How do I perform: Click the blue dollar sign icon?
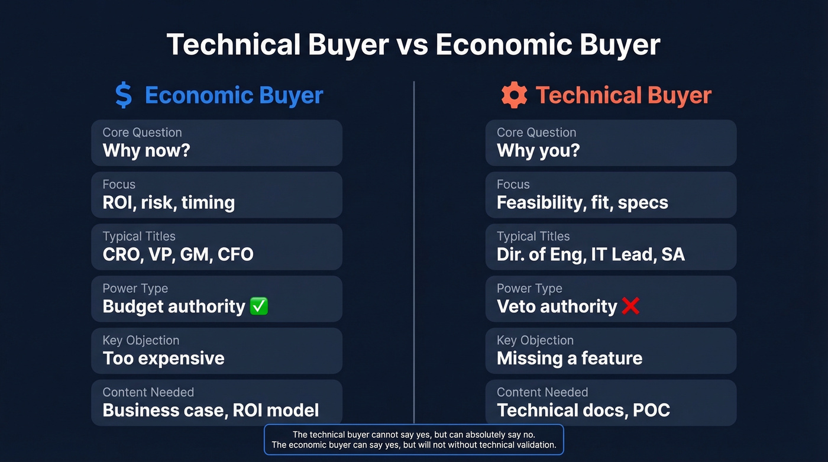124,95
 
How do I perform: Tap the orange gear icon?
514,95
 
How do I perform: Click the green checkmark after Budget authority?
259,306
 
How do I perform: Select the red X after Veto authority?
630,306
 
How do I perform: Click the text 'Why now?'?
146,150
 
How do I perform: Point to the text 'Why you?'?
538,150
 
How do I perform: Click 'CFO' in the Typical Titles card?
235,254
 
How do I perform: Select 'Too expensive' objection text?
163,358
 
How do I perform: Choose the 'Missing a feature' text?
569,358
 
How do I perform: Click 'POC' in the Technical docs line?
651,411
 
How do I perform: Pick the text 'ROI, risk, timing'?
169,202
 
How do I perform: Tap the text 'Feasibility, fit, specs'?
582,202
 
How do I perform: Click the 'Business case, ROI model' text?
211,411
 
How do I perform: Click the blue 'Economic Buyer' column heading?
234,95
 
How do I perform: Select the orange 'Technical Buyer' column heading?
623,95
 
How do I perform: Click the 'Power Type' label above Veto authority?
529,289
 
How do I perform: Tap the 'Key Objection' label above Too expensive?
141,341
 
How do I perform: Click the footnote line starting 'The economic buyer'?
413,445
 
